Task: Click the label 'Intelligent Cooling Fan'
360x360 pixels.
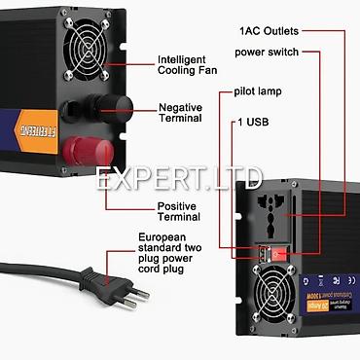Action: point(195,65)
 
